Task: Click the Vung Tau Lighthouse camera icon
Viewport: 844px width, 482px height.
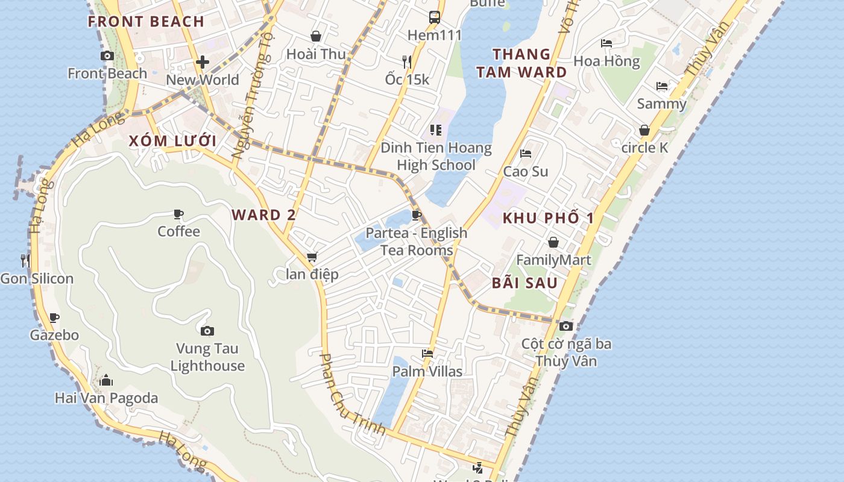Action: (x=207, y=331)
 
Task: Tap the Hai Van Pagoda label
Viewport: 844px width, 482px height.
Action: (x=106, y=398)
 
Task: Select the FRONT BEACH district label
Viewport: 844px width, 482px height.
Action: (x=146, y=22)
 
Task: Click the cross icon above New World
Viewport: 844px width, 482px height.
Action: (x=203, y=62)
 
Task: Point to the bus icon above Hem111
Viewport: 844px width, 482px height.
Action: (x=434, y=17)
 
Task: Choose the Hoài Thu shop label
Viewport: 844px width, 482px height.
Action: (x=316, y=54)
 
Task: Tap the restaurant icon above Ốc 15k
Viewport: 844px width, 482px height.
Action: (x=407, y=61)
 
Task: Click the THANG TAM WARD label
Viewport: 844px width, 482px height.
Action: (x=521, y=63)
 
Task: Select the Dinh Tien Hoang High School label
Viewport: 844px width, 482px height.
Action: (x=436, y=156)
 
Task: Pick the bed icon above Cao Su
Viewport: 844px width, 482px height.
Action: (x=526, y=154)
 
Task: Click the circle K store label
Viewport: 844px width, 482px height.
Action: (x=644, y=147)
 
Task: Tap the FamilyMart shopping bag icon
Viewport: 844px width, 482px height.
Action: (x=553, y=242)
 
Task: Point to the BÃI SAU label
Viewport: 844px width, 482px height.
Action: (x=524, y=283)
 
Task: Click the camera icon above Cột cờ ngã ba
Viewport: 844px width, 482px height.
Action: (x=565, y=326)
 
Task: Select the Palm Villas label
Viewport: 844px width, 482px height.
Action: (x=427, y=371)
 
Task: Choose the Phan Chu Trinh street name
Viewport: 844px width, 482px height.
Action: (x=352, y=395)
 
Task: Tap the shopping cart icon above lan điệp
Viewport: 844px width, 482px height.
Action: (x=312, y=257)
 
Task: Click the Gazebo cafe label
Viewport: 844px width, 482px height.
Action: (x=54, y=335)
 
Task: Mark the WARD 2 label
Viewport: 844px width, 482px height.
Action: (x=256, y=215)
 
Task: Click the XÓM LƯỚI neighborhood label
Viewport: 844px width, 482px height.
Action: (x=172, y=141)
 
